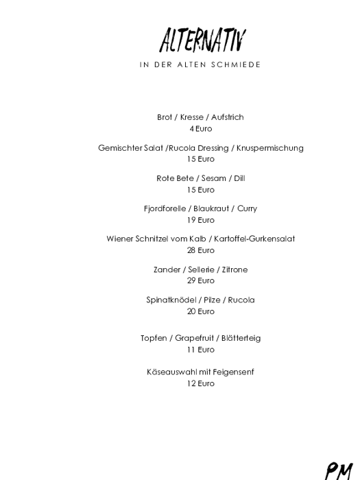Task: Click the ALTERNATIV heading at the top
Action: coord(202,40)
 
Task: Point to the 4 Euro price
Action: coord(201,128)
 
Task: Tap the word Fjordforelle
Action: coord(165,208)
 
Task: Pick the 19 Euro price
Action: coord(201,220)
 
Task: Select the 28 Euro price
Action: coord(201,250)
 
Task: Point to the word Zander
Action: coord(167,269)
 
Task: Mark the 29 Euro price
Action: coord(201,280)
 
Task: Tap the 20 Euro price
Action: coord(201,311)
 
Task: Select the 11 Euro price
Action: coord(201,350)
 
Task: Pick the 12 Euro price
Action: coord(201,383)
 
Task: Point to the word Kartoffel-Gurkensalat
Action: coord(254,239)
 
